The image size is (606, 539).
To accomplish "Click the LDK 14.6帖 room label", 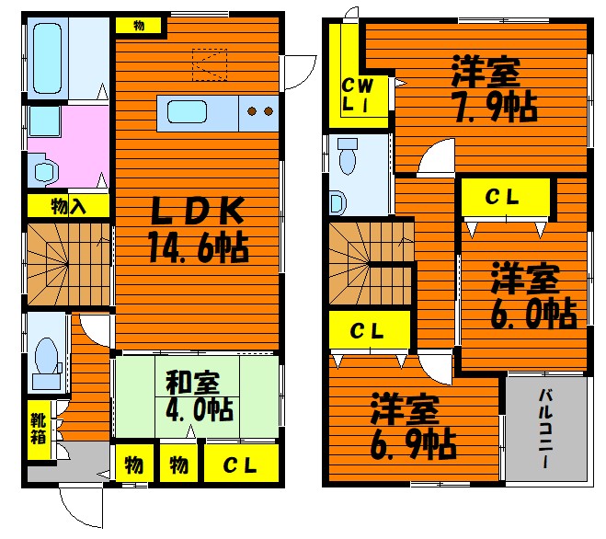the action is [x=198, y=230].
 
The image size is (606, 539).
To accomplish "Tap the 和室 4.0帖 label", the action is [x=199, y=396].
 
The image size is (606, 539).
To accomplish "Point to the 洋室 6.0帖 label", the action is [x=533, y=296].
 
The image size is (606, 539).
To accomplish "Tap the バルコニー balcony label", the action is [x=545, y=429].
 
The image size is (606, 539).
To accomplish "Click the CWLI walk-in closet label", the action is [x=358, y=95].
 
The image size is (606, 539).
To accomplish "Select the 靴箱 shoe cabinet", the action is [x=39, y=430].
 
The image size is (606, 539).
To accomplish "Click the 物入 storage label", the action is [x=68, y=207].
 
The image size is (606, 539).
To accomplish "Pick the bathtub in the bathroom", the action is [x=47, y=58].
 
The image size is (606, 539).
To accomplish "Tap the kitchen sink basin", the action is [x=187, y=112].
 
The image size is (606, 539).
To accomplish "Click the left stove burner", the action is [x=252, y=111].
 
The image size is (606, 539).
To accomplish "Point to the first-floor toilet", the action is [x=47, y=362].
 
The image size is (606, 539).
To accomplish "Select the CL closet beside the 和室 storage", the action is [x=241, y=464].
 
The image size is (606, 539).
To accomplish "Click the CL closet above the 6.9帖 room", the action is [x=368, y=331].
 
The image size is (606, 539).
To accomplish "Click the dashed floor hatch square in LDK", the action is [x=210, y=64].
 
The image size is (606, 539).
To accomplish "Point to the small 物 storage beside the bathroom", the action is [x=139, y=26].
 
